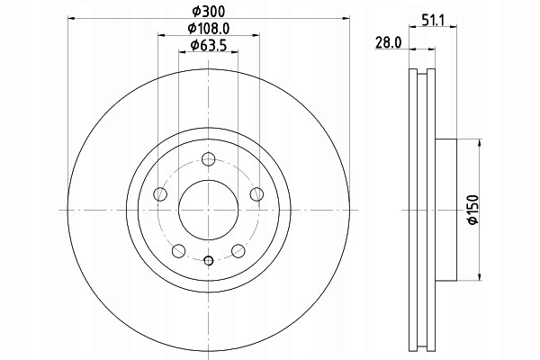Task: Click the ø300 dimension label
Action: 209,12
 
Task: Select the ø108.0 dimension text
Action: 209,28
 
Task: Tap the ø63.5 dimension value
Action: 209,45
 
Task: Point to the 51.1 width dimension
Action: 433,21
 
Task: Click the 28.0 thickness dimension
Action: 389,42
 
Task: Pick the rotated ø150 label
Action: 473,210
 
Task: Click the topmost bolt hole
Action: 209,158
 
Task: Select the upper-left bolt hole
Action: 160,194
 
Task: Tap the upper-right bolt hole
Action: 256,194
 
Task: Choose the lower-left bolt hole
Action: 179,250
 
